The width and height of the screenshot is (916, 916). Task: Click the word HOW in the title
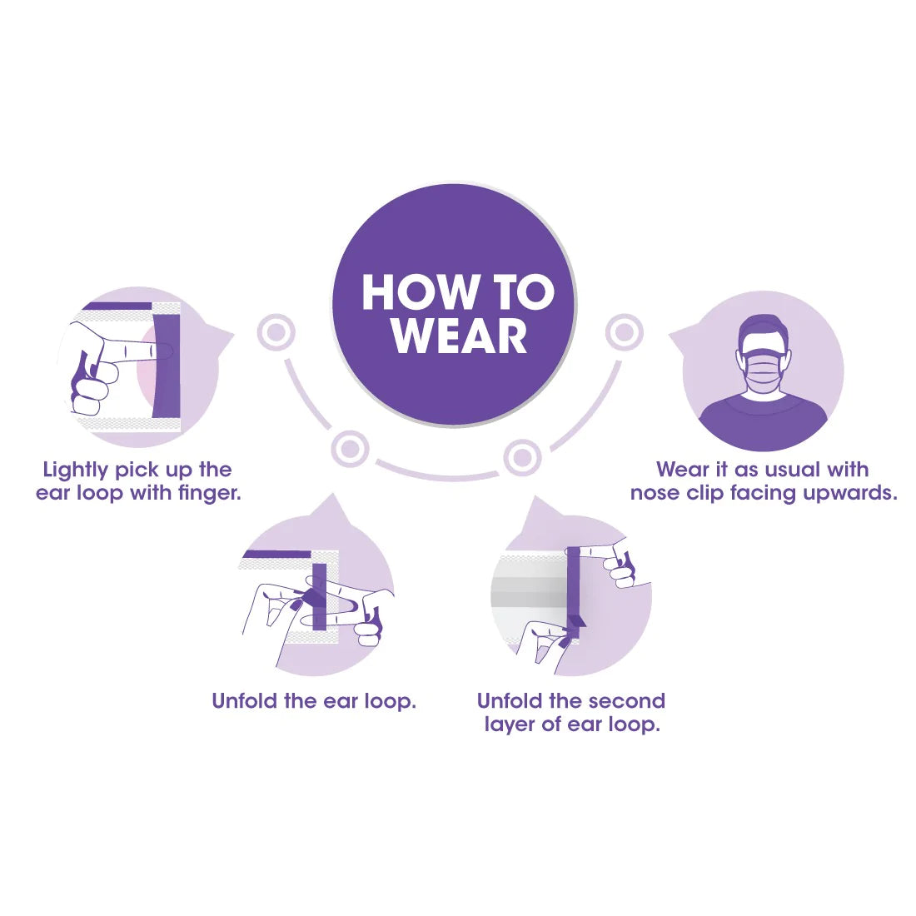point(419,292)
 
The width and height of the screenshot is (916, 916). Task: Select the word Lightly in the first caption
point(75,470)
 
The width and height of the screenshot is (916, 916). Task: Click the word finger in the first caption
point(210,494)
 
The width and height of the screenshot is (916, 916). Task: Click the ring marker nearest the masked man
point(624,332)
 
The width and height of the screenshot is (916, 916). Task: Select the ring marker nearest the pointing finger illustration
point(276,332)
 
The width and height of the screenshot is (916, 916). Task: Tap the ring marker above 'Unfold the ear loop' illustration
point(350,449)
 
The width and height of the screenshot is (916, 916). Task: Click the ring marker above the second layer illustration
point(521,457)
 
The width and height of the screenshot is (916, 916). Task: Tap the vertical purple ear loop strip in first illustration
point(167,366)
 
